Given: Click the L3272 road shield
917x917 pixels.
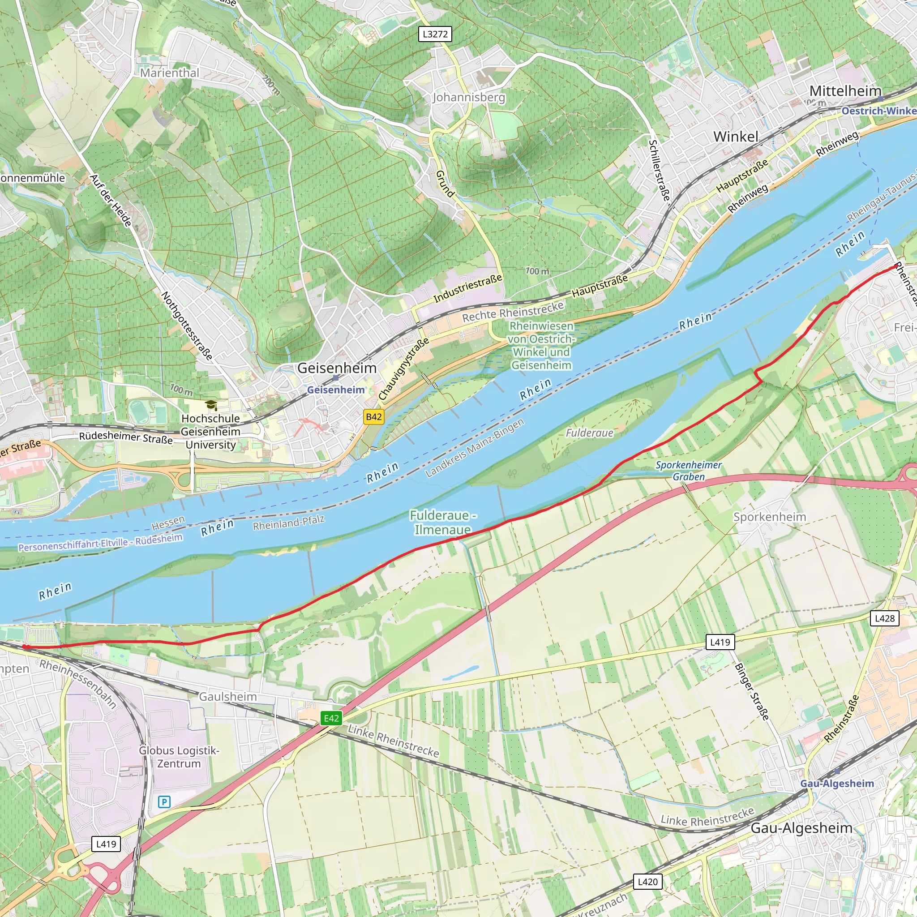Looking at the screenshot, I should pyautogui.click(x=435, y=34).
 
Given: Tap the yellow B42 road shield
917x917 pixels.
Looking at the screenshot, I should pyautogui.click(x=373, y=417).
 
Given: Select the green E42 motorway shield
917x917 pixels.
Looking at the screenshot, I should pyautogui.click(x=331, y=718).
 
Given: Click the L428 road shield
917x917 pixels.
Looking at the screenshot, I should pyautogui.click(x=885, y=618).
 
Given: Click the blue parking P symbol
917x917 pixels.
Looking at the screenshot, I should pyautogui.click(x=164, y=801).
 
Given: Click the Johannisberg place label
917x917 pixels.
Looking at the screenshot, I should pyautogui.click(x=468, y=97).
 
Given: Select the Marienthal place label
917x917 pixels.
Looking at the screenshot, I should pyautogui.click(x=169, y=73).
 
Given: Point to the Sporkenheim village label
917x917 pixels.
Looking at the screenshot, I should pyautogui.click(x=769, y=517).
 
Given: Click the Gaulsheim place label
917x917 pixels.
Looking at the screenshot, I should pyautogui.click(x=228, y=696).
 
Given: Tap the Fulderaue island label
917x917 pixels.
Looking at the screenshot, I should pyautogui.click(x=590, y=433).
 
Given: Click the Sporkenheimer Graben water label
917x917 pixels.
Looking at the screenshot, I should pyautogui.click(x=688, y=471).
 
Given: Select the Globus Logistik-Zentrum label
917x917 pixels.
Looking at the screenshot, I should pyautogui.click(x=179, y=757).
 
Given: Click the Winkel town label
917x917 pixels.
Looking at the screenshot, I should pyautogui.click(x=736, y=137).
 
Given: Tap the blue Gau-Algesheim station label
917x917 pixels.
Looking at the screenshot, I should pyautogui.click(x=837, y=783).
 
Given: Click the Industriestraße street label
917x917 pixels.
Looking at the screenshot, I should pyautogui.click(x=467, y=289).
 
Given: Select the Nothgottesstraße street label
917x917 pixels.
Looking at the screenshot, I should pyautogui.click(x=187, y=326).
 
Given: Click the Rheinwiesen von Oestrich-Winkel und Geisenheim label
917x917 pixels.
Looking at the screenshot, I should pyautogui.click(x=541, y=346).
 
